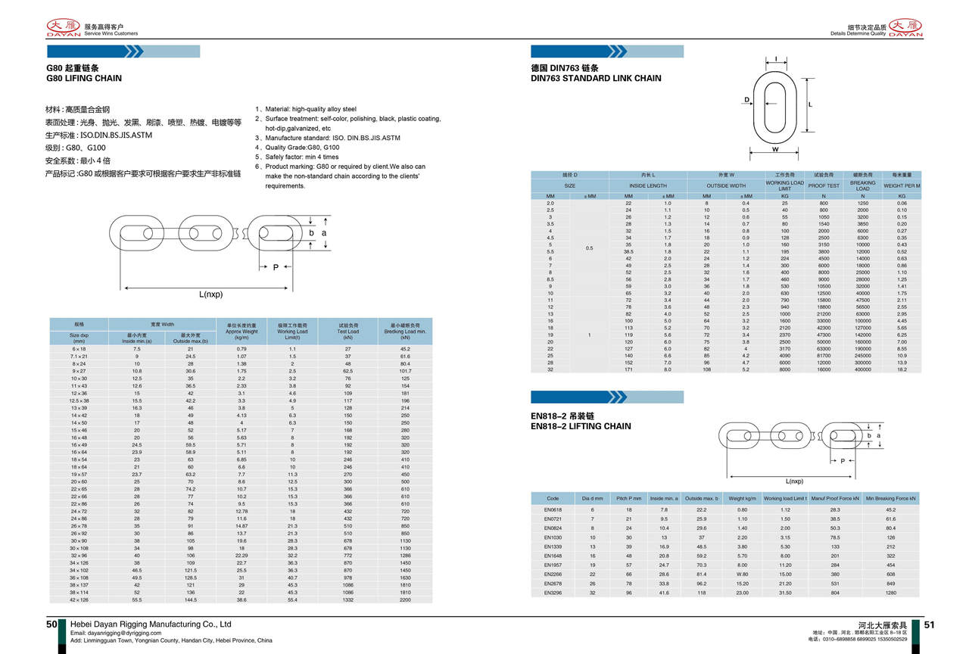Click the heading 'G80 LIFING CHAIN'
pos(84,78)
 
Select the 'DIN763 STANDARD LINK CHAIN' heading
pos(596,78)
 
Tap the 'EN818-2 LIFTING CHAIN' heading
pos(581,426)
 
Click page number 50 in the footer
pos(51,624)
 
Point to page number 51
pos(930,624)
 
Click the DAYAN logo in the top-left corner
pos(63,28)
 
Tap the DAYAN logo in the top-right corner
pos(905,28)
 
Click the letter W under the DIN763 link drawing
pos(776,149)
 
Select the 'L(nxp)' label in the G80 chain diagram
pos(211,294)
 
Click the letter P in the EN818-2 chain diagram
pos(843,461)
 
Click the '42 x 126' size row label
pos(79,599)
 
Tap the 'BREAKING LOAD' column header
pos(862,185)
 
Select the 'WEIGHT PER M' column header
pos(902,185)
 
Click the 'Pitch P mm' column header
pos(628,499)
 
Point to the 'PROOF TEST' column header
pos(824,185)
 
